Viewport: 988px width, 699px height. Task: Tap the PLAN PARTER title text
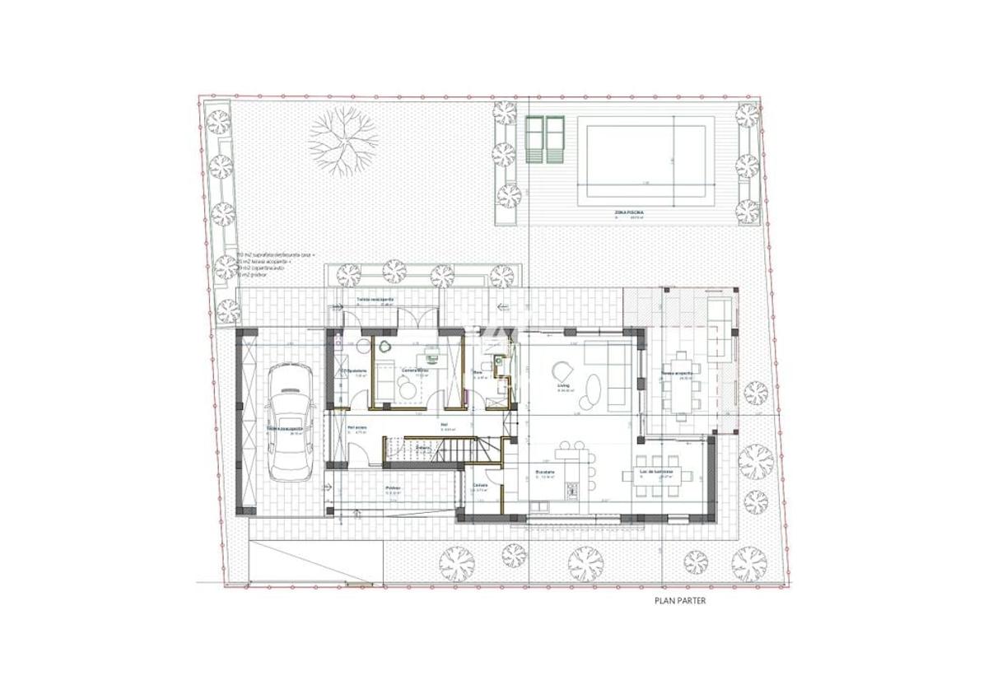[679, 601]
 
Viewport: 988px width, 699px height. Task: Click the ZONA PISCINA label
[629, 212]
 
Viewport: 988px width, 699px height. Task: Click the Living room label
[564, 384]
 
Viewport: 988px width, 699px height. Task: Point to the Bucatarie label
[545, 472]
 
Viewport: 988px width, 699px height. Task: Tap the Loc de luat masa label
[657, 472]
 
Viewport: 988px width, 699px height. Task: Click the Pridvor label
[394, 488]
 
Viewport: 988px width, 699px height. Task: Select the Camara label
[480, 485]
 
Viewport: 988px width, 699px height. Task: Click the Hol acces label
[357, 427]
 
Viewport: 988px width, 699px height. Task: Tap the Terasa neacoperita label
[375, 299]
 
